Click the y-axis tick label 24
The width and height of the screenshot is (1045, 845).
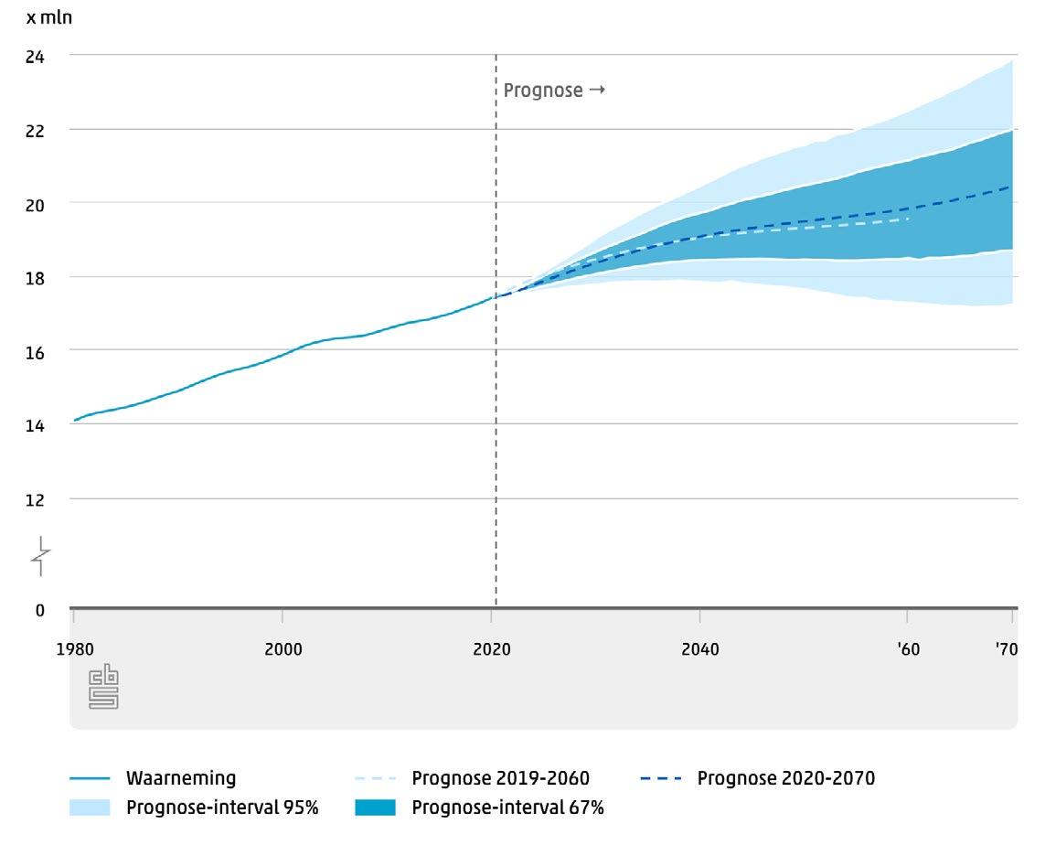point(36,56)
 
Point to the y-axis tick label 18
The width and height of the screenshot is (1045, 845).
point(36,277)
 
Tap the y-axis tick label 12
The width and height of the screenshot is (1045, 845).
point(36,499)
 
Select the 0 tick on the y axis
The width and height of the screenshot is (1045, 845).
point(39,610)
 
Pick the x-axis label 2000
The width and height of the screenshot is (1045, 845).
point(283,650)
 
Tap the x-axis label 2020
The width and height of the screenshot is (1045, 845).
point(491,650)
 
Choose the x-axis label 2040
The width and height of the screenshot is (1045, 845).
point(700,650)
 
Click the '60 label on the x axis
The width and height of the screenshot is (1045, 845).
point(908,650)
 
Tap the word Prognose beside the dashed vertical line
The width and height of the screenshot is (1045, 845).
point(543,91)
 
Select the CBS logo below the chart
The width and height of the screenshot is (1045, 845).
point(103,688)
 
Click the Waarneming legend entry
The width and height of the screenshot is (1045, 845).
point(180,779)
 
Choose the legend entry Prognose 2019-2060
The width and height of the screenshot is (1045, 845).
point(500,779)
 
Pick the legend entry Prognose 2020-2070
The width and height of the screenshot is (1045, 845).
point(785,779)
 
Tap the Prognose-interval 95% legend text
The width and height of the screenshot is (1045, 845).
point(222,808)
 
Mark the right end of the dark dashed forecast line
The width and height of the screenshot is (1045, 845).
point(1010,187)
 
